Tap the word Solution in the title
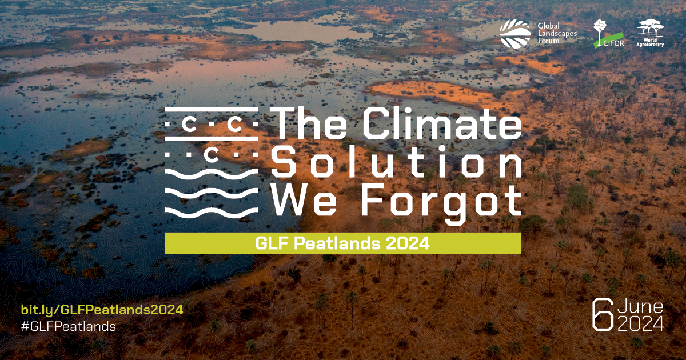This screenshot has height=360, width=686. (x=396, y=161)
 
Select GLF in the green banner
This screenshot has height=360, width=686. (x=273, y=243)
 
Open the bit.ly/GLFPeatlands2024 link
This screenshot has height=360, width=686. (x=102, y=310)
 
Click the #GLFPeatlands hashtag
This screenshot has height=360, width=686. (x=69, y=326)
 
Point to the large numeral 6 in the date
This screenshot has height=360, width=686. (x=603, y=315)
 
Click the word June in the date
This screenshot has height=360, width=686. (x=640, y=307)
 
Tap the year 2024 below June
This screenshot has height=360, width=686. (x=640, y=324)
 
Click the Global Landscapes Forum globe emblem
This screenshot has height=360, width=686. (x=515, y=34)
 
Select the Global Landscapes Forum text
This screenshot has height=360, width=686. (x=557, y=33)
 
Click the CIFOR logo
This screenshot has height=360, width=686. (x=608, y=34)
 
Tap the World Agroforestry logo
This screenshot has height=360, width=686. (x=650, y=33)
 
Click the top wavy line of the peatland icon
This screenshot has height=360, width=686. (x=212, y=174)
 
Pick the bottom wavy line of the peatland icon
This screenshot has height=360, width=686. (x=212, y=213)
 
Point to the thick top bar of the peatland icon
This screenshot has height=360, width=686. (x=212, y=109)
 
